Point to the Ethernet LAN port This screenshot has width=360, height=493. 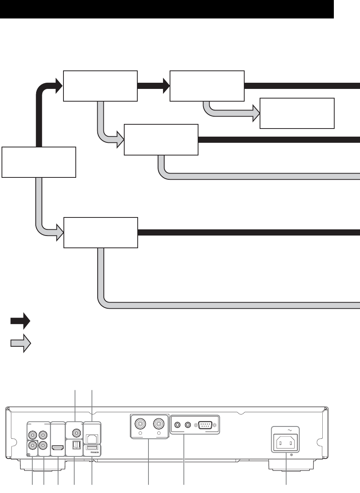pyautogui.click(x=92, y=438)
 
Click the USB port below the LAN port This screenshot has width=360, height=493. pyautogui.click(x=92, y=447)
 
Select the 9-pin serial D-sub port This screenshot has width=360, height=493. pyautogui.click(x=205, y=425)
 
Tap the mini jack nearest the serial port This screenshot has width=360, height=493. pyautogui.click(x=188, y=425)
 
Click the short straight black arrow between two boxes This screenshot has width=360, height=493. pyautogui.click(x=153, y=86)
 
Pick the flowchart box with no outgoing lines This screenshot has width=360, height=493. pyautogui.click(x=297, y=113)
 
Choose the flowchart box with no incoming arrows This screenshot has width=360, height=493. pyautogui.click(x=38, y=162)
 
